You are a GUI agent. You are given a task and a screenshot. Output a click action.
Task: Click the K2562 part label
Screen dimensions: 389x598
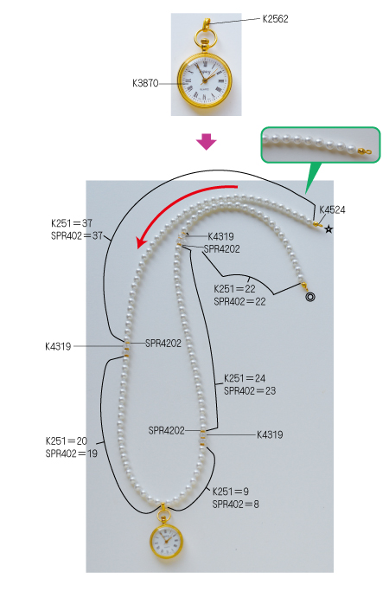(275, 19)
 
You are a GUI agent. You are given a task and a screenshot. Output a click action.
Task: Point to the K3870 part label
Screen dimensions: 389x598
(145, 83)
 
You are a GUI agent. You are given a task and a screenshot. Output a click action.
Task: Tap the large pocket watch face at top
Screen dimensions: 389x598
(205, 80)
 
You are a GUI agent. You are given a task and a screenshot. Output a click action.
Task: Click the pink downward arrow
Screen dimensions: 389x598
(207, 142)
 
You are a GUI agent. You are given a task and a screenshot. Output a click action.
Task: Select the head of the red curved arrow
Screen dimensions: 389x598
(142, 241)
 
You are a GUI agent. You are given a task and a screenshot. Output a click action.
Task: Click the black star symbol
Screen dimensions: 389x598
(328, 229)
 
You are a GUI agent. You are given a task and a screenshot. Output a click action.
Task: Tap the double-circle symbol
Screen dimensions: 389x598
(310, 297)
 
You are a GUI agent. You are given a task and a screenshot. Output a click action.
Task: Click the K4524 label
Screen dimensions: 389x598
(332, 209)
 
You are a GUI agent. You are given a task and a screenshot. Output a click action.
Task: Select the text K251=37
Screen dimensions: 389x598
(72, 223)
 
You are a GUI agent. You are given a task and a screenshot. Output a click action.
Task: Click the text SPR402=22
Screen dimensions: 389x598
(239, 302)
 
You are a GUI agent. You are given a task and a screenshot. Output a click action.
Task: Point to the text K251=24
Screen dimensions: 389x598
(245, 378)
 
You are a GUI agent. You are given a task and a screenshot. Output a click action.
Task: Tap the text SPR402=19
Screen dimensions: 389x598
(71, 453)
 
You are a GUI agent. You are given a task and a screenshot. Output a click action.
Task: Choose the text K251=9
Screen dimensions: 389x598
(231, 492)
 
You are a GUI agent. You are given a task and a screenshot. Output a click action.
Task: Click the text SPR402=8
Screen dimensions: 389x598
(235, 505)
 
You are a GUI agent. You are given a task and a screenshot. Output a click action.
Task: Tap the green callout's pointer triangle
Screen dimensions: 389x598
(312, 177)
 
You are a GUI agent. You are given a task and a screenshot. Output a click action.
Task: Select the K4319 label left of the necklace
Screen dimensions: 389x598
(58, 346)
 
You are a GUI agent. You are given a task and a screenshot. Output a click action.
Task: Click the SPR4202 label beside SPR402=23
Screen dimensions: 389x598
(166, 431)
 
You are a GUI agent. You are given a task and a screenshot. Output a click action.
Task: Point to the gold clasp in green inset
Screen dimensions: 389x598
(364, 151)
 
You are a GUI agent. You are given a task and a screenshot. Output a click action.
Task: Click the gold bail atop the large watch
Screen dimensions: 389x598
(206, 24)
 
